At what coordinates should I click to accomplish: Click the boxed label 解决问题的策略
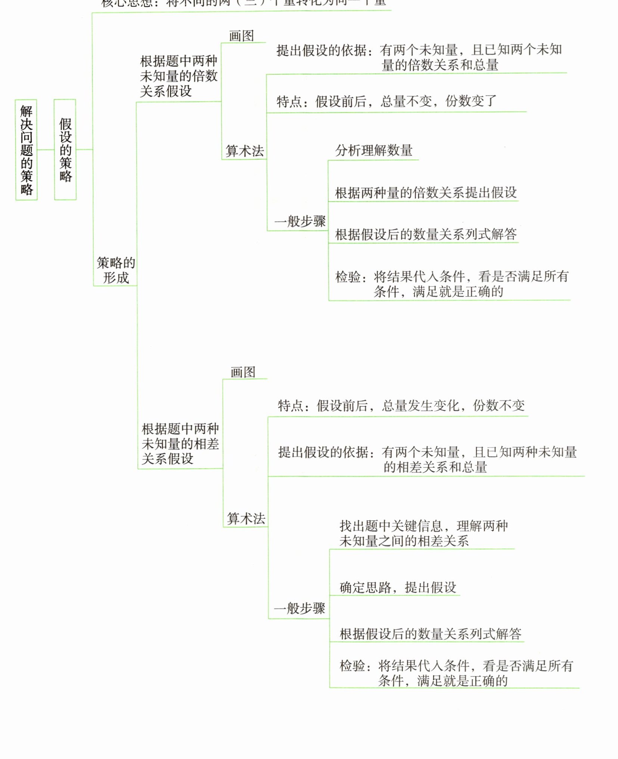(26, 150)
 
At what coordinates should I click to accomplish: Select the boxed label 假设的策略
(65, 150)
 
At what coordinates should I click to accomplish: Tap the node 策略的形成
(116, 270)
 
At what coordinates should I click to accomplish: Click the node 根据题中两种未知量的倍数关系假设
(178, 76)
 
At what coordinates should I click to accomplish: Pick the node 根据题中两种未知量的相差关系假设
(180, 443)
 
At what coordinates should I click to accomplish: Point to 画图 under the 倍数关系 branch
(241, 36)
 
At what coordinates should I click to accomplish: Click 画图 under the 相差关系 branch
(243, 372)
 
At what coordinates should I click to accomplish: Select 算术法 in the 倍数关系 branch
(245, 151)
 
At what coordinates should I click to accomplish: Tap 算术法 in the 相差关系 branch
(246, 518)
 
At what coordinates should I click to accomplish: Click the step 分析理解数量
(374, 151)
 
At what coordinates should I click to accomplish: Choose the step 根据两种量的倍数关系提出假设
(426, 193)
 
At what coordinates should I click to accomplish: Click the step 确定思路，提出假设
(398, 588)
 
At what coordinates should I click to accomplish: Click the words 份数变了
(471, 101)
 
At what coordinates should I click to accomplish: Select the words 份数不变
(499, 406)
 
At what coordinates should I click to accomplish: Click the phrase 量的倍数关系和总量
(440, 65)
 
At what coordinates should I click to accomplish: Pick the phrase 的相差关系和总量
(435, 467)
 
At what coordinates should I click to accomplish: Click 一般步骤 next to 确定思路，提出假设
(299, 608)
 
